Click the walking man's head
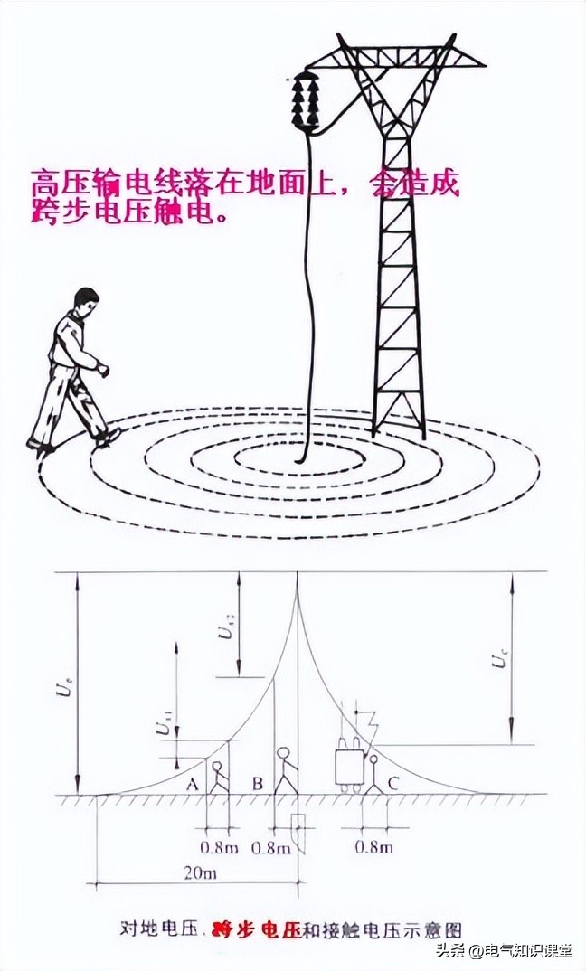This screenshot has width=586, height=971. point(85,303)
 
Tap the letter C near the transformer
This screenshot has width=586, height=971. point(392,783)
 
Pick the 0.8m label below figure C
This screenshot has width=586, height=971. point(373,847)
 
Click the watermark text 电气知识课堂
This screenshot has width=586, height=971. point(532,951)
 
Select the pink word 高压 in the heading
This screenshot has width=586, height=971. point(54,184)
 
